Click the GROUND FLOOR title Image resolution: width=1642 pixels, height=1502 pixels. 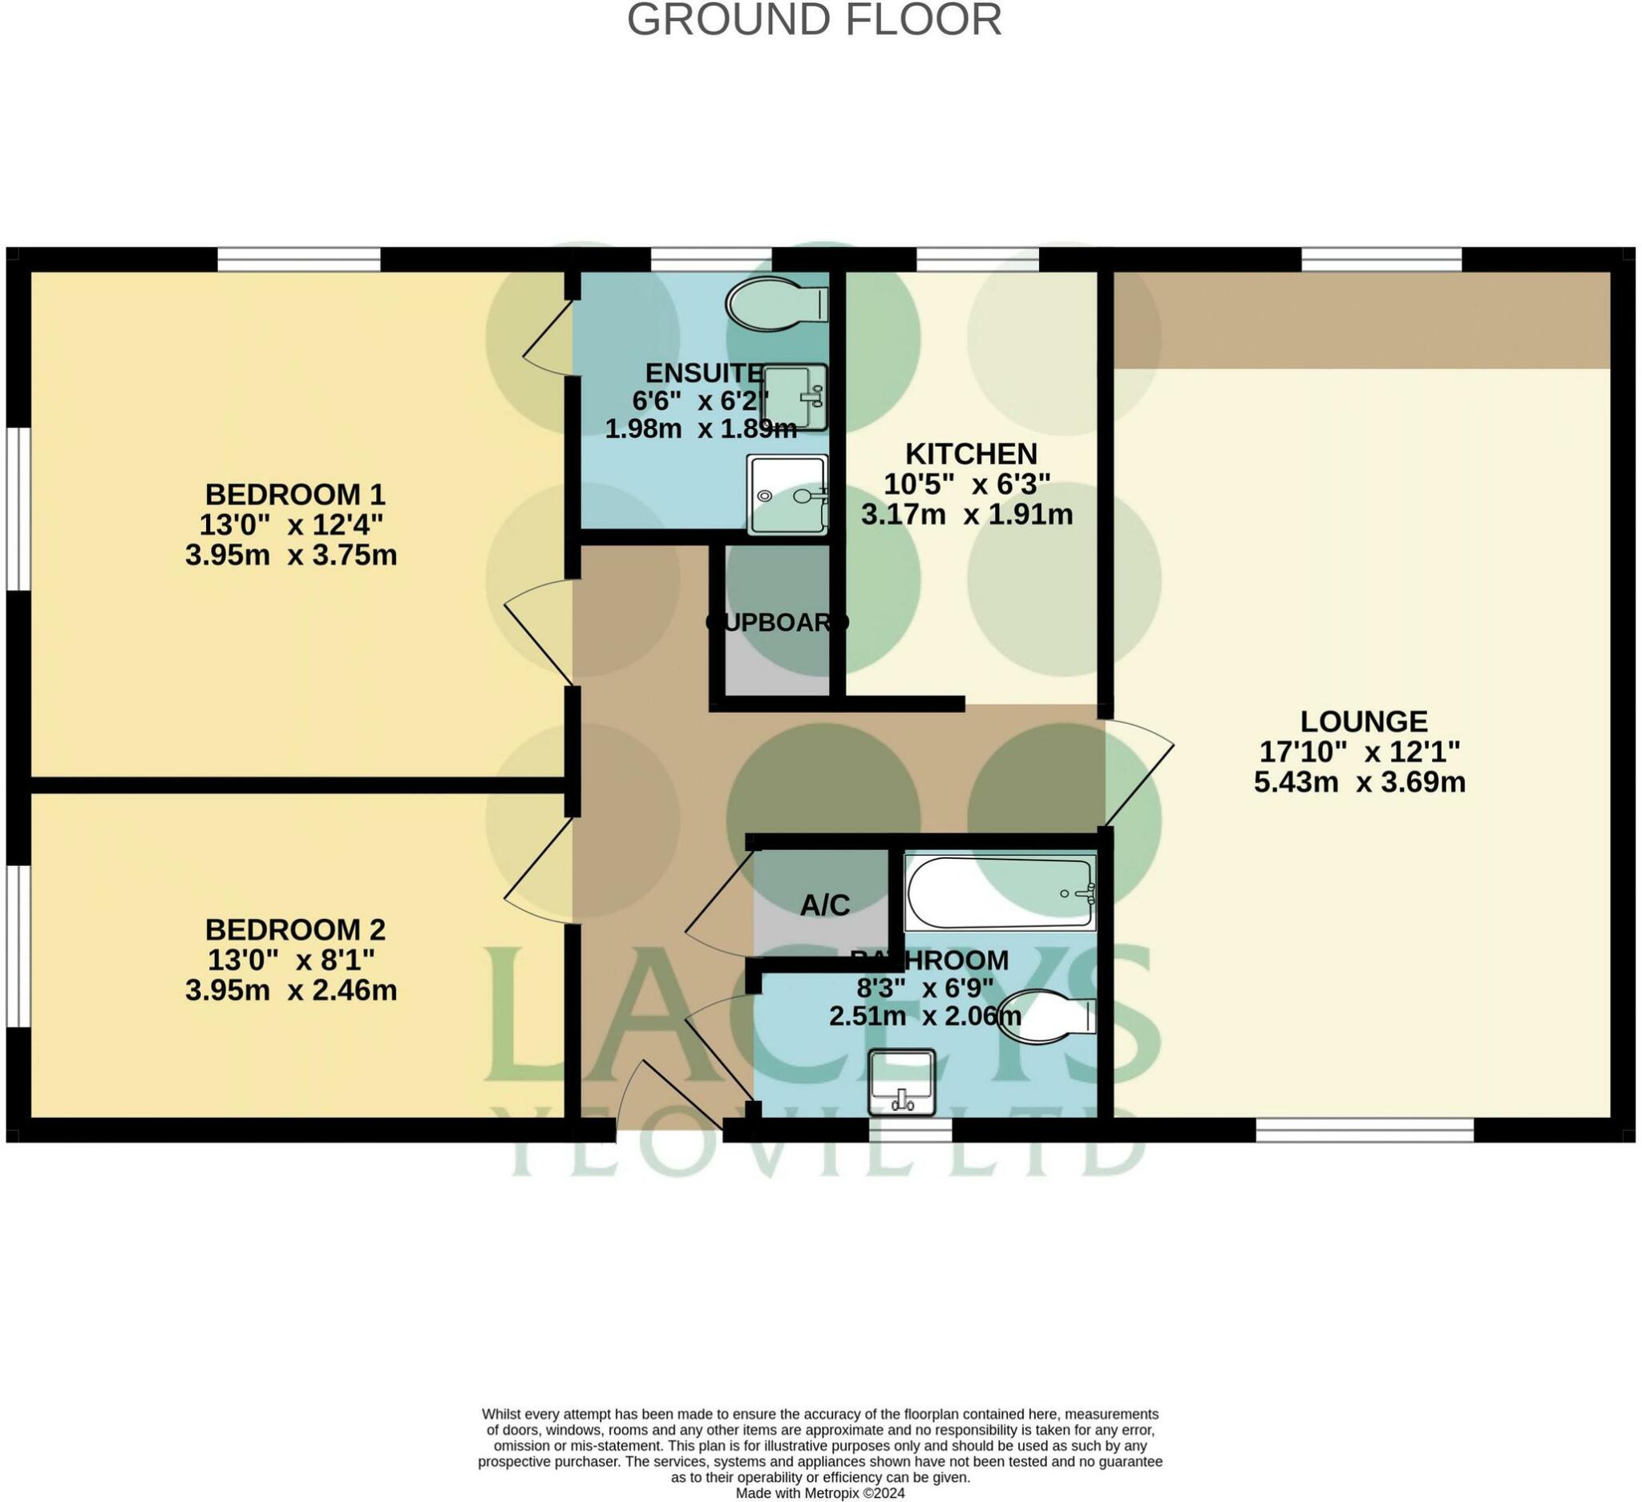(814, 19)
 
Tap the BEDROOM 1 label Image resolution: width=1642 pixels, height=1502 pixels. (294, 495)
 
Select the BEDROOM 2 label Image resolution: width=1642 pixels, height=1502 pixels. (294, 929)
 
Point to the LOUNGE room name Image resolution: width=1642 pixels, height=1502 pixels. (1364, 721)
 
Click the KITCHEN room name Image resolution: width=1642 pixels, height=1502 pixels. (971, 453)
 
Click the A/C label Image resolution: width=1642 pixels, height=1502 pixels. (824, 905)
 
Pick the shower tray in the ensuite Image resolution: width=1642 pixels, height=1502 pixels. (786, 495)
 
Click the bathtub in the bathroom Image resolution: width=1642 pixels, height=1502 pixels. (999, 893)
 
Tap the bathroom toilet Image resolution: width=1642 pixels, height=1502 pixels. (1045, 1016)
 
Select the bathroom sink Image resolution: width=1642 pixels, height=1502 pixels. (901, 1083)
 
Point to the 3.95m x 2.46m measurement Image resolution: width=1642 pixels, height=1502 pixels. (291, 990)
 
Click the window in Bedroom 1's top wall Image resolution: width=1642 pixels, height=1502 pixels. (299, 259)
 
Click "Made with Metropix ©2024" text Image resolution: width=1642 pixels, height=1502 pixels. (819, 1493)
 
